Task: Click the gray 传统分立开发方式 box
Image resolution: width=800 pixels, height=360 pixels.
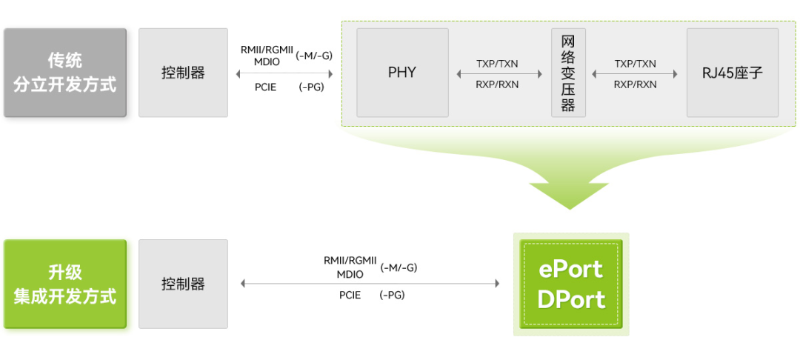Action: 65,73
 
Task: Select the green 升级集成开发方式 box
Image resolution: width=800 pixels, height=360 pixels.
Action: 65,284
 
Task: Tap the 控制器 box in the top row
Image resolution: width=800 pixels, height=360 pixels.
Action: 183,73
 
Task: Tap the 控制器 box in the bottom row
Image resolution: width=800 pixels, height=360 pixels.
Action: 183,284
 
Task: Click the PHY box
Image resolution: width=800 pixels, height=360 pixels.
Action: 402,73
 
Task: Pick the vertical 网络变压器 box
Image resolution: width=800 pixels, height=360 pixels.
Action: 568,73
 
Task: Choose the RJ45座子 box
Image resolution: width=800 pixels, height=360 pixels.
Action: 732,73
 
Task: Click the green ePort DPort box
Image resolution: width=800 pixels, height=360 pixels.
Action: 571,284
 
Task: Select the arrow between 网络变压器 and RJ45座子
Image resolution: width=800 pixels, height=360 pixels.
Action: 635,74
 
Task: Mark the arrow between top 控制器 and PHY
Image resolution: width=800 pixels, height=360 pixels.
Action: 284,74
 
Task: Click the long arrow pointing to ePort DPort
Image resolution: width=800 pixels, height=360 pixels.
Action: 370,283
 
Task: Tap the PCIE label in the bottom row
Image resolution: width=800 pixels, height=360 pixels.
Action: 350,295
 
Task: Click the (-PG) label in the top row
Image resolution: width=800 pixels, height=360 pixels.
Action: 311,87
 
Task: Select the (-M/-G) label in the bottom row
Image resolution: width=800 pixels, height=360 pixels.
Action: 399,267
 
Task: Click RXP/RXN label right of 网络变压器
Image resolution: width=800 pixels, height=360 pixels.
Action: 635,84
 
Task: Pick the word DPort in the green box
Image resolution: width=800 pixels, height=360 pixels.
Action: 571,299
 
